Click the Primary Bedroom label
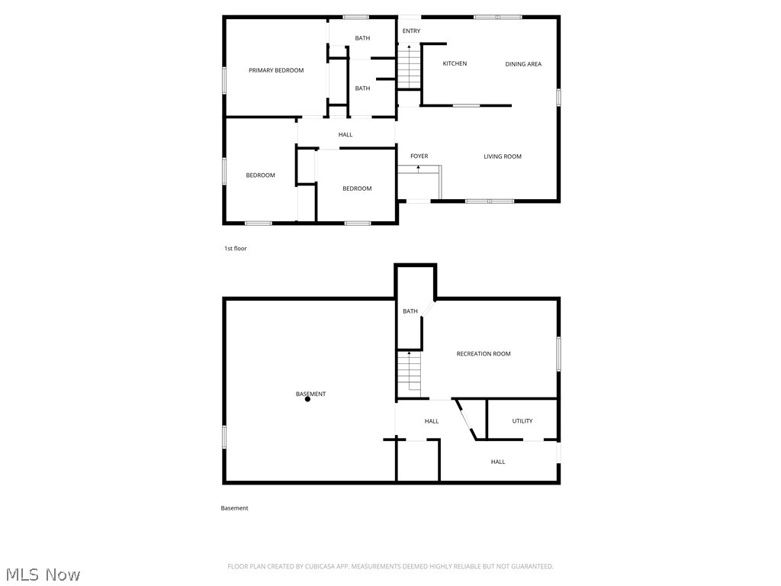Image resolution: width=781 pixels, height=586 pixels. [276, 70]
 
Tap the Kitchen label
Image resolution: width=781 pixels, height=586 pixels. [455, 63]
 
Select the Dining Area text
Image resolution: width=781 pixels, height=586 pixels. [523, 64]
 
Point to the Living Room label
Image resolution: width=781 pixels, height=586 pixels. [503, 156]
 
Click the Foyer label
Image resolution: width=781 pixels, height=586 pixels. [419, 156]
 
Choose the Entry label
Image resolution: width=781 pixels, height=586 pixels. [411, 31]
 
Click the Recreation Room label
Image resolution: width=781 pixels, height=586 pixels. [484, 354]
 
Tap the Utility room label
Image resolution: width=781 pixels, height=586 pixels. [522, 421]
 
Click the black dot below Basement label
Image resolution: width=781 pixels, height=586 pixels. [307, 399]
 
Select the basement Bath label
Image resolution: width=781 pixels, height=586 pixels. [410, 311]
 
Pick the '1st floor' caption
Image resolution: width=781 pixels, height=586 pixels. [235, 249]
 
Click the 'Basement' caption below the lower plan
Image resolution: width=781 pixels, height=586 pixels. [234, 508]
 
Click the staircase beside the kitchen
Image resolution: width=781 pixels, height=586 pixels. [410, 69]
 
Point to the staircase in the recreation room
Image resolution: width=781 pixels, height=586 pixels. [409, 374]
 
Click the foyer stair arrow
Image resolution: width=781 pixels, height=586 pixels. [418, 168]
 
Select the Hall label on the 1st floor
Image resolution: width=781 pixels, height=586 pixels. [346, 135]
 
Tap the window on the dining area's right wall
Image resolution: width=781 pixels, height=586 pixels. [558, 98]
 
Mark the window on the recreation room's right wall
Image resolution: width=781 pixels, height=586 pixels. [558, 354]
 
